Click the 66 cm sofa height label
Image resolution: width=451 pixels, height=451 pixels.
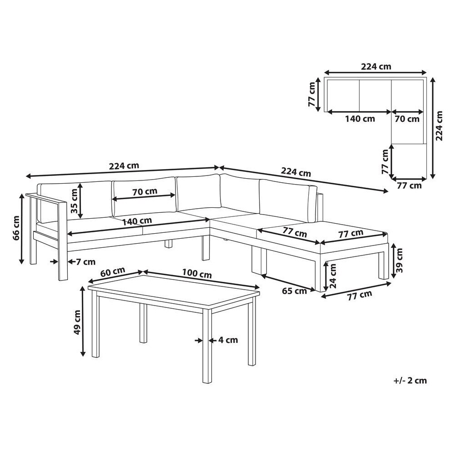[x=16, y=228]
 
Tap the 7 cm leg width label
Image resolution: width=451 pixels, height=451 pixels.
[x=85, y=262]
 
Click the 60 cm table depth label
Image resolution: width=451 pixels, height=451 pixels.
[x=112, y=272]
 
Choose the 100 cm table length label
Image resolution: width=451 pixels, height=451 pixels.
[x=197, y=273]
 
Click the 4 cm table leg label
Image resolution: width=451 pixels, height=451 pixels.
[x=228, y=340]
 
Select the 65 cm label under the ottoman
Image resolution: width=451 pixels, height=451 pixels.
[x=294, y=291]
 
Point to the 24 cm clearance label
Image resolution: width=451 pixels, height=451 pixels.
[x=333, y=276]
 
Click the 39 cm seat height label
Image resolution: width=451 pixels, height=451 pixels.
[x=399, y=261]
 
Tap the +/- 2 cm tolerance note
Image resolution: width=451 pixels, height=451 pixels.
[x=410, y=381]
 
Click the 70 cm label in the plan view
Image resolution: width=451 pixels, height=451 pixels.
[x=407, y=119]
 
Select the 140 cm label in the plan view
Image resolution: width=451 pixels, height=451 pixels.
[x=360, y=119]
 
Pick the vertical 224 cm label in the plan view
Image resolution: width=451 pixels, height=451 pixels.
[x=439, y=125]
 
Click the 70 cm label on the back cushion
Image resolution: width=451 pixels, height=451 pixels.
[x=145, y=191]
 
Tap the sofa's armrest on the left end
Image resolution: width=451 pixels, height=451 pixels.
[x=46, y=199]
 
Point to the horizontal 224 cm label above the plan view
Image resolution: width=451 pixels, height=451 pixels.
[x=376, y=67]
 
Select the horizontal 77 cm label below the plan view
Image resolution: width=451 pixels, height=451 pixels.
[x=409, y=185]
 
